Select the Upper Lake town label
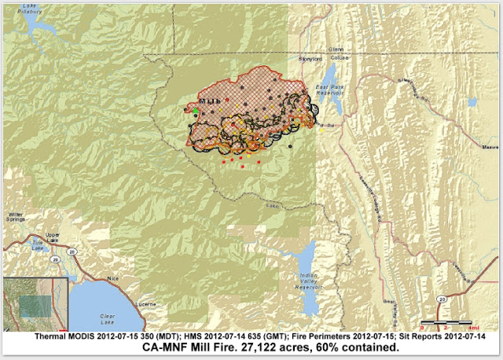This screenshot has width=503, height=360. coord(52,237)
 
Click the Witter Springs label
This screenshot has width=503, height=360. coord(17,218)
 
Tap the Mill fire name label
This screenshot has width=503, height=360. coord(210,102)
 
